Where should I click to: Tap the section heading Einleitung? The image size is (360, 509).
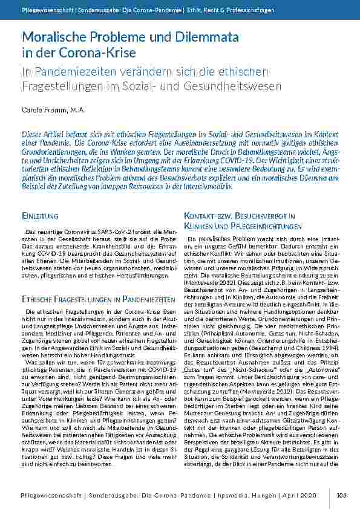click(40, 216)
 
